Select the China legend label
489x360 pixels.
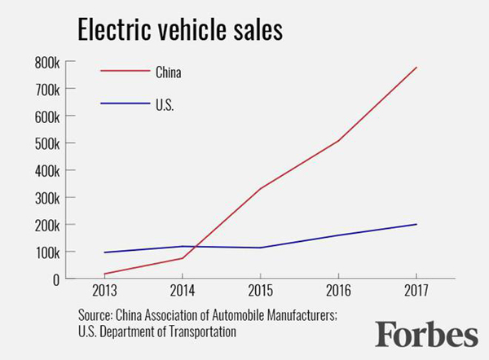(x=168, y=72)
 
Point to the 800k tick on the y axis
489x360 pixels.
(x=46, y=61)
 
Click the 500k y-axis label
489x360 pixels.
(x=46, y=143)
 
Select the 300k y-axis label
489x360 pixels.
(x=46, y=197)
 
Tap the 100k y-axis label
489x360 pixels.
(x=46, y=252)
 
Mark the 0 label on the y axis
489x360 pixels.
(x=55, y=279)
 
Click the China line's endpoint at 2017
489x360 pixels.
(x=416, y=67)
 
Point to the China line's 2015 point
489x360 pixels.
(x=260, y=189)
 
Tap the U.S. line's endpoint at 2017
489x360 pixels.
(x=416, y=224)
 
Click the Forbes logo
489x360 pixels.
(x=426, y=334)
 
